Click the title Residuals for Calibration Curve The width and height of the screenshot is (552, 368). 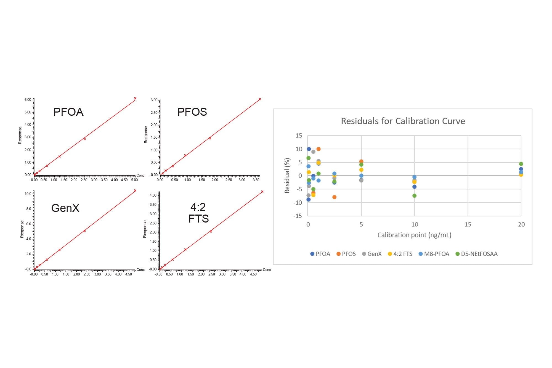(403, 121)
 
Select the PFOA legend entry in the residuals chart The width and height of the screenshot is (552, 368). (320, 254)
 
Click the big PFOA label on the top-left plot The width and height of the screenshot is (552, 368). (68, 112)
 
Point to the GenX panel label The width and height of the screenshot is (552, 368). (65, 208)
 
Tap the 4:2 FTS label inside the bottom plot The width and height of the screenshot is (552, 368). (198, 213)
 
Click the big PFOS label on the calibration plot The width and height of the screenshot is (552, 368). (192, 112)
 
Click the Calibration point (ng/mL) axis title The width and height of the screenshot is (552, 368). (414, 235)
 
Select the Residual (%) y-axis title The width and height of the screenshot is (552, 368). (287, 176)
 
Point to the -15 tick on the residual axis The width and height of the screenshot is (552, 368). (298, 216)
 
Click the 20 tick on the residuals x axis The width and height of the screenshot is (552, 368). (521, 224)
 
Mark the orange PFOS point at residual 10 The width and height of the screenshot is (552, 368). (318, 149)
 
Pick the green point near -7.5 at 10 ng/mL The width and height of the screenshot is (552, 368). (414, 196)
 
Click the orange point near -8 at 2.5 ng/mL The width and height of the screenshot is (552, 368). (334, 197)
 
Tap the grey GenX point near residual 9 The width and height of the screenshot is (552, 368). (313, 152)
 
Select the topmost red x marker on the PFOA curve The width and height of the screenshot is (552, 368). (135, 98)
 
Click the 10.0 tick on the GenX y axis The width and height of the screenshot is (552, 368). (28, 194)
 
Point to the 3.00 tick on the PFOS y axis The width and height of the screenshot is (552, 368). (154, 100)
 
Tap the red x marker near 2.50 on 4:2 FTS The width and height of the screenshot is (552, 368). (211, 231)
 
